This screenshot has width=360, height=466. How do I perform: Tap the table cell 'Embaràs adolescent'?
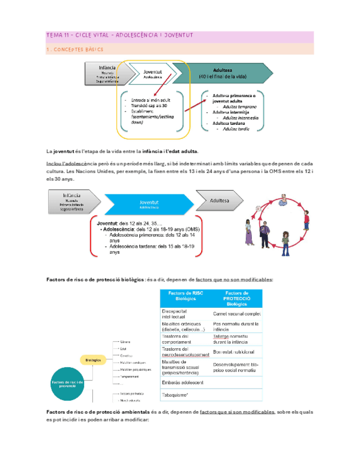[184, 382]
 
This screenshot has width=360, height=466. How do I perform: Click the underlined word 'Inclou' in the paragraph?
[54, 164]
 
